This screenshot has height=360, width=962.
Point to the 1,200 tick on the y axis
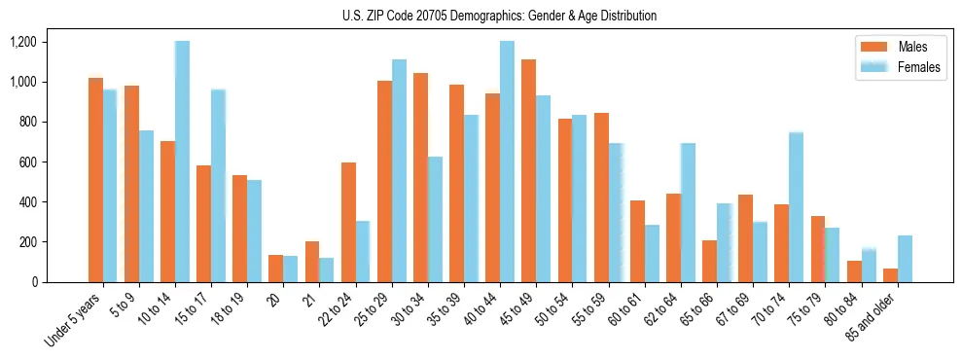tap(22, 42)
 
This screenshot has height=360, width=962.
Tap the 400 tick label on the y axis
tap(26, 202)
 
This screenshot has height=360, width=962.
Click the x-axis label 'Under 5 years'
tap(74, 318)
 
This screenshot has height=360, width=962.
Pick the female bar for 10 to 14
tap(182, 162)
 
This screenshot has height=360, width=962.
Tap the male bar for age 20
tap(276, 269)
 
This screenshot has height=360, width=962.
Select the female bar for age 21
tap(327, 270)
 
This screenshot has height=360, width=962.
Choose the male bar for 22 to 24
tap(348, 222)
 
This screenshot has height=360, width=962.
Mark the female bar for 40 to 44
tap(507, 162)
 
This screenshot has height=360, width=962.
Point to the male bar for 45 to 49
tap(528, 170)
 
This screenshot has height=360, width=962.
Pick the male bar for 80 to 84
tap(854, 271)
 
